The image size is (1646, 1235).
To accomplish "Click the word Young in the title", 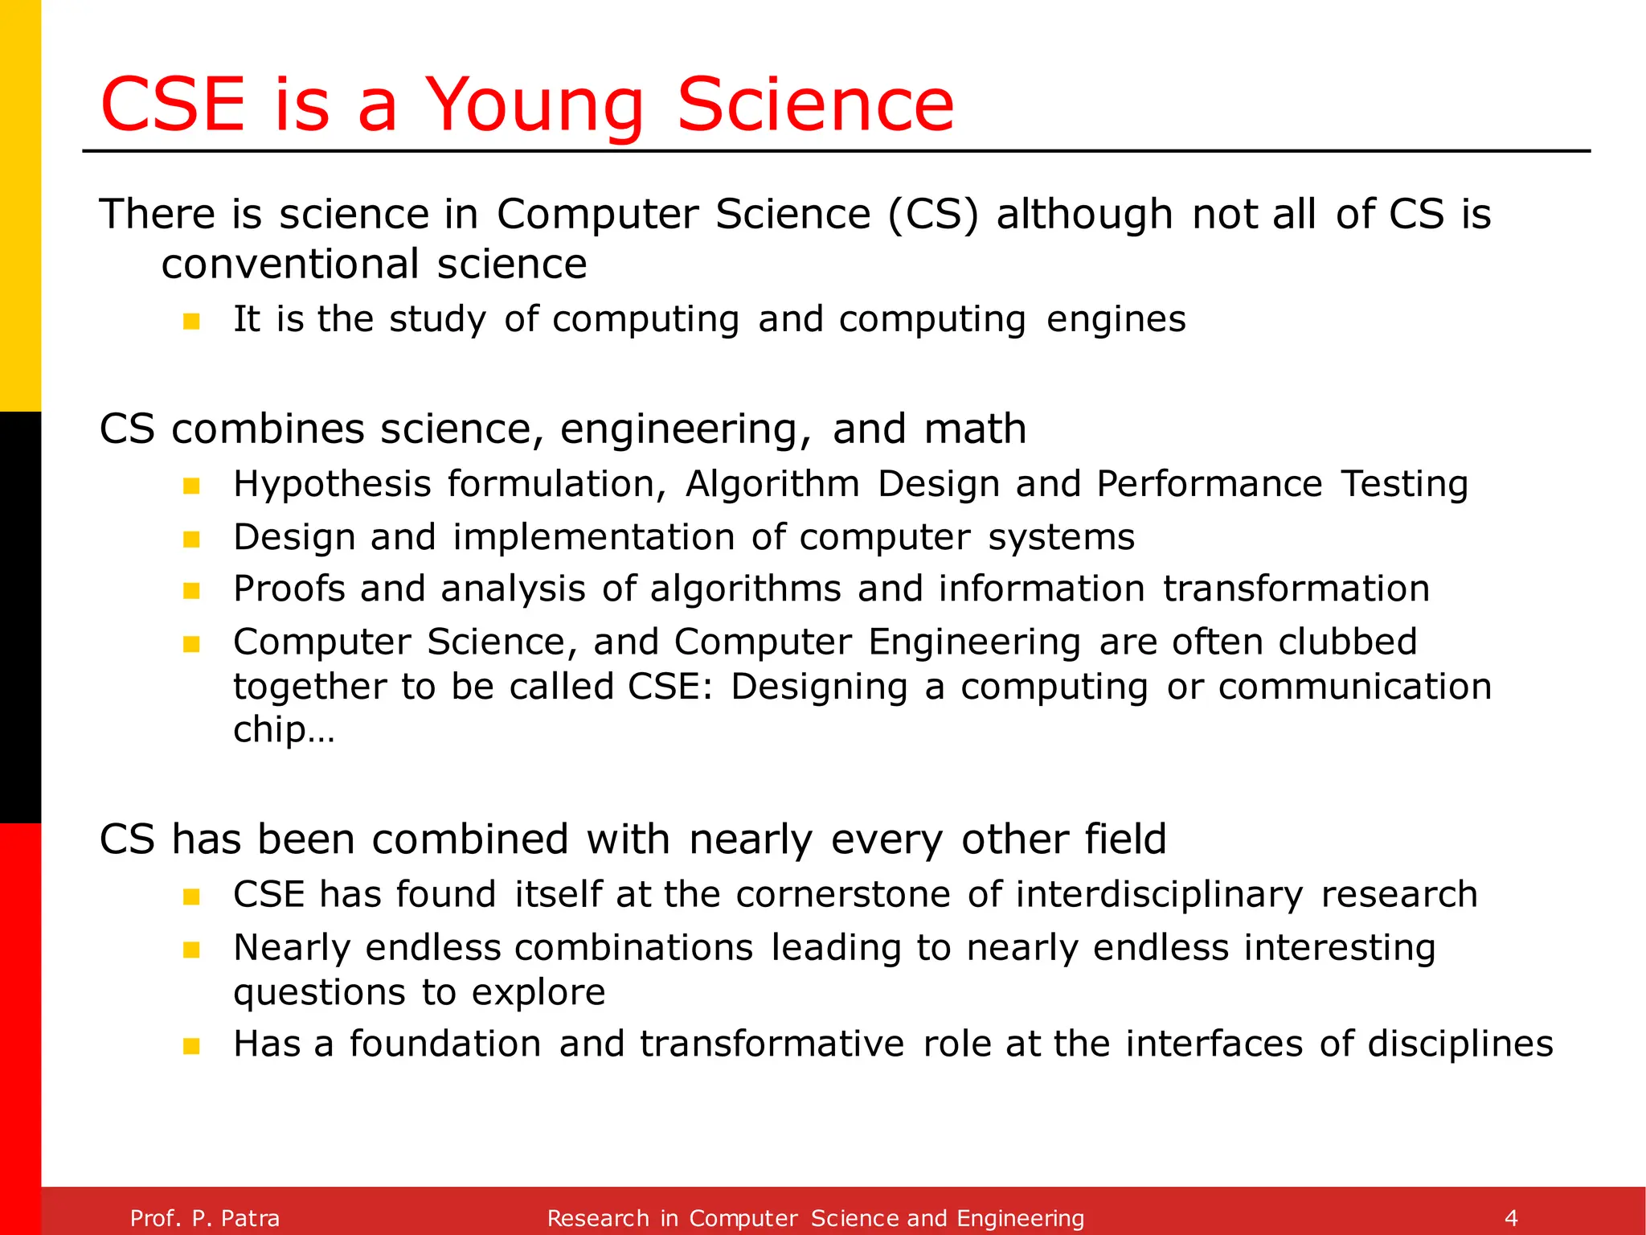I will pyautogui.click(x=534, y=106).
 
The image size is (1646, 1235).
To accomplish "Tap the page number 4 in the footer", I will pyautogui.click(x=1511, y=1217).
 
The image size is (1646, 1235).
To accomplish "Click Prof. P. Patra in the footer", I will pyautogui.click(x=205, y=1218).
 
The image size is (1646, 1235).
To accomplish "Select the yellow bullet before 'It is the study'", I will pyautogui.click(x=191, y=322).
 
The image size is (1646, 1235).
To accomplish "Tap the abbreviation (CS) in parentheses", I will pyautogui.click(x=933, y=215).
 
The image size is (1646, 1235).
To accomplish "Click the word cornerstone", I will pyautogui.click(x=843, y=895).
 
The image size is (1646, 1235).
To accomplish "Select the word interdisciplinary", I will pyautogui.click(x=1159, y=895).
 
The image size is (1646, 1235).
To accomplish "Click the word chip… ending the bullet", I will pyautogui.click(x=283, y=730).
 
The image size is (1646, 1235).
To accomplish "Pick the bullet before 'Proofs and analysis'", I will pyautogui.click(x=191, y=591).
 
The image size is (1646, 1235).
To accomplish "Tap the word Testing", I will pyautogui.click(x=1404, y=485).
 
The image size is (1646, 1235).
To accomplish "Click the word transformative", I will pyautogui.click(x=772, y=1044).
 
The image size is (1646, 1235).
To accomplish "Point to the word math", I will pyautogui.click(x=975, y=429).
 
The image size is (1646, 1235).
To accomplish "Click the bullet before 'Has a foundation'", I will pyautogui.click(x=191, y=1046).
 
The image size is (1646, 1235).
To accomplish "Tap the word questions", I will pyautogui.click(x=318, y=993).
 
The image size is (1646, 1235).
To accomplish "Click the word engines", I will pyautogui.click(x=1116, y=320).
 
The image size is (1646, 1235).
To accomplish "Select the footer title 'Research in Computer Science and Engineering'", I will pyautogui.click(x=815, y=1218).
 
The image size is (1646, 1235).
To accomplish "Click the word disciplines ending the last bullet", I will pyautogui.click(x=1460, y=1044).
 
